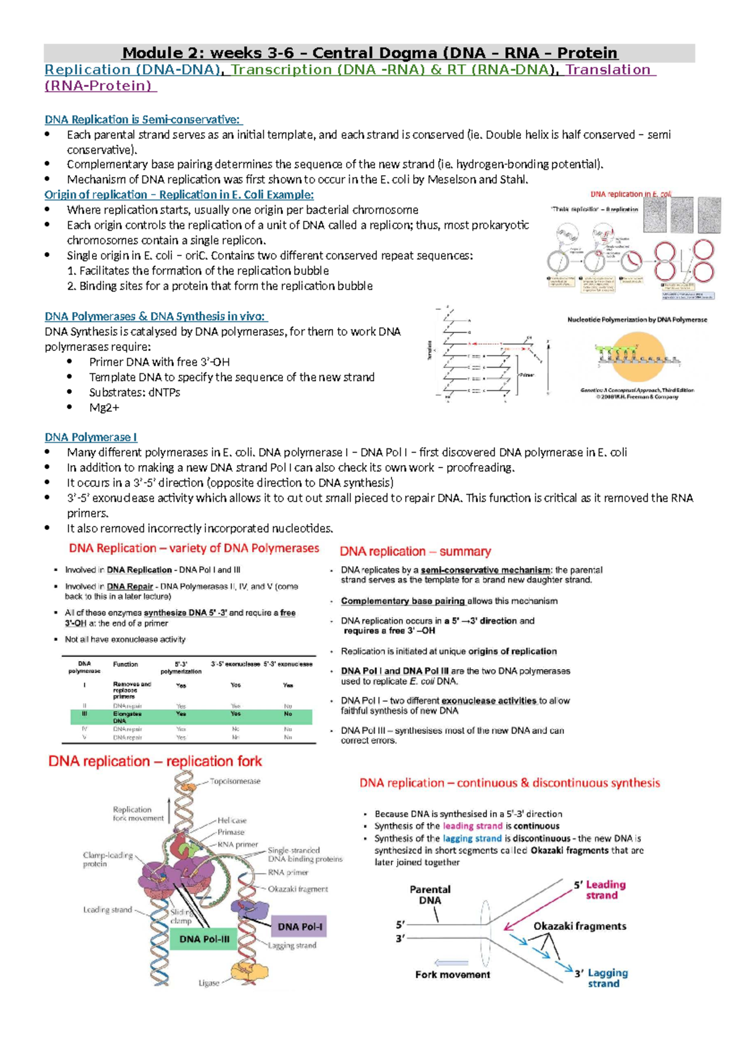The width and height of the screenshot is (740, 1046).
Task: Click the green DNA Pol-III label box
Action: coord(204,939)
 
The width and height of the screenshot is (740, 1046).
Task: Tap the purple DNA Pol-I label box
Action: coord(299,926)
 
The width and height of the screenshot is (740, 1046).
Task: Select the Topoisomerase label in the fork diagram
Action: coord(235,781)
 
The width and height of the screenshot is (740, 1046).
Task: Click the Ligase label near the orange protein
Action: coord(208,982)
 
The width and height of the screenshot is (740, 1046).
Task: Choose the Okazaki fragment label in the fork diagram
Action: coord(298,889)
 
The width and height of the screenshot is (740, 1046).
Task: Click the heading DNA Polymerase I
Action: coord(91,437)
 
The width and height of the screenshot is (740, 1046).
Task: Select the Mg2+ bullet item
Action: coord(104,408)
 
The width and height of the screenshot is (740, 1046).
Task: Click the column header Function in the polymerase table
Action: coord(125,664)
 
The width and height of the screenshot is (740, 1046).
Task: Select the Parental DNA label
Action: coord(430,895)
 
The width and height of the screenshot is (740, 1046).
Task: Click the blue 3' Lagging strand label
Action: coord(602,978)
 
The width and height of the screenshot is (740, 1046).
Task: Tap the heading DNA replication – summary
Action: coord(415,551)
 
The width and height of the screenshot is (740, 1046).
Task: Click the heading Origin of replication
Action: coord(179,195)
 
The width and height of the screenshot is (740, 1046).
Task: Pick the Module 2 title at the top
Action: coord(369,53)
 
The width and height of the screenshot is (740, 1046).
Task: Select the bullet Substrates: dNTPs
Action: coord(134,392)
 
